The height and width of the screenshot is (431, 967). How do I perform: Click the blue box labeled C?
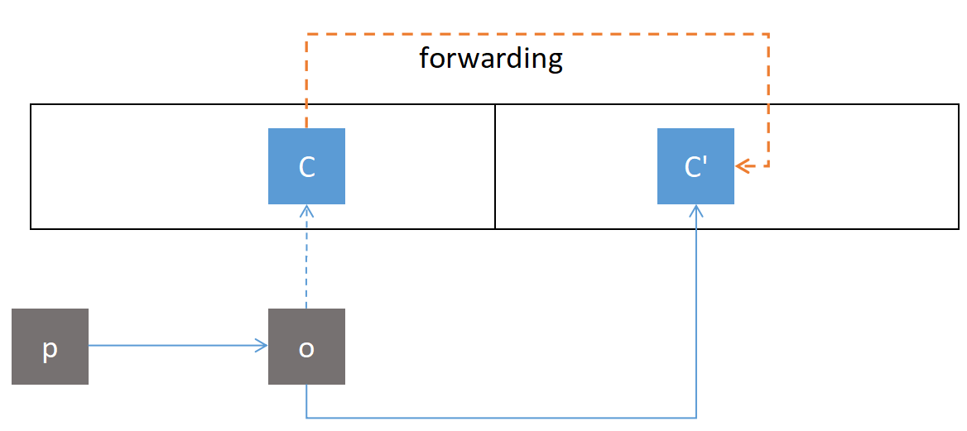pos(306,166)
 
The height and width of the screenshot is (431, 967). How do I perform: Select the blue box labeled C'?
pos(695,166)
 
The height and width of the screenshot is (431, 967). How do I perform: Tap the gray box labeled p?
pos(50,347)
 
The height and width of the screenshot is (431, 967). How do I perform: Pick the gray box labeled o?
pos(306,347)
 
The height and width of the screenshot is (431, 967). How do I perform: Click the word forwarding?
pos(490,59)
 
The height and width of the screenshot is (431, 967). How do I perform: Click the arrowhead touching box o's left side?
pos(262,346)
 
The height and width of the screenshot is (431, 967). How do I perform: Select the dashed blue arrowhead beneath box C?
pos(306,210)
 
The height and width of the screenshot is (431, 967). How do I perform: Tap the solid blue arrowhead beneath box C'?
pos(696,210)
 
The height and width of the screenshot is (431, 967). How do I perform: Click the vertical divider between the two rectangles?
pos(495,166)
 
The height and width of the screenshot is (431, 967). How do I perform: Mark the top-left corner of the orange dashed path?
pos(307,35)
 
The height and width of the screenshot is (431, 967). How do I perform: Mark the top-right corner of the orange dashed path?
pos(768,35)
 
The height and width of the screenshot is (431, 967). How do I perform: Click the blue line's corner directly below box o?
pos(306,417)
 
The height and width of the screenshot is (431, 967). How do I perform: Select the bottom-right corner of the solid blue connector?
pos(696,417)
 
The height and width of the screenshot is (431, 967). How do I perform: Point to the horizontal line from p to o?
pos(174,346)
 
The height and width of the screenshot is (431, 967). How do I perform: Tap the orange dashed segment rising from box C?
pos(307,83)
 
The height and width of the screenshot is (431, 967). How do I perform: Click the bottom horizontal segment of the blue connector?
pos(501,417)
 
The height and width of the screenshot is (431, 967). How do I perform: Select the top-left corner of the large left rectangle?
pos(31,105)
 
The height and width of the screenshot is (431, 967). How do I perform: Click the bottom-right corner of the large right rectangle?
pos(958,228)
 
